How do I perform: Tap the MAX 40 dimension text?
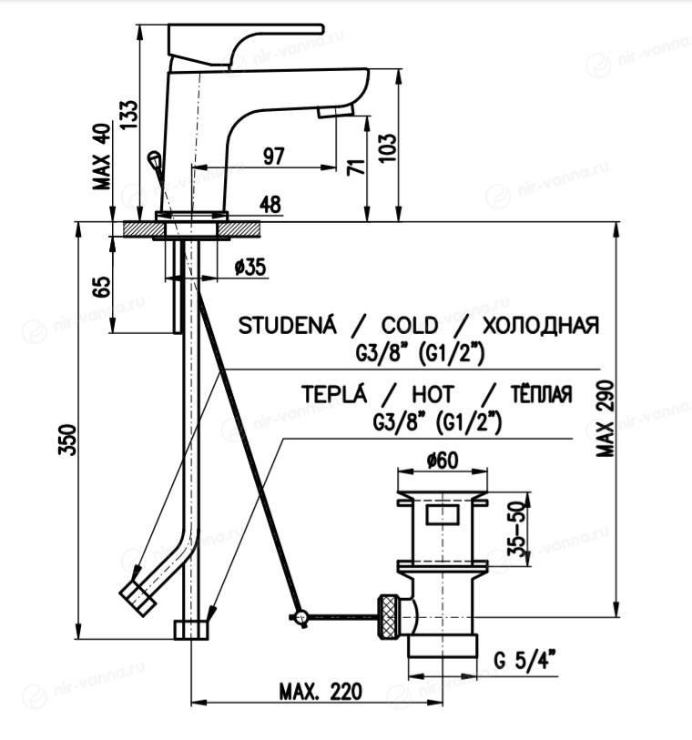(102, 156)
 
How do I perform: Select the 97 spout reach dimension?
(271, 156)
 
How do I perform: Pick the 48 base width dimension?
(270, 205)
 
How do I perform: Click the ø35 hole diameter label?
(249, 267)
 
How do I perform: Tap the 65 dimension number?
(102, 285)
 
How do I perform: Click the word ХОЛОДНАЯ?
(541, 326)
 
